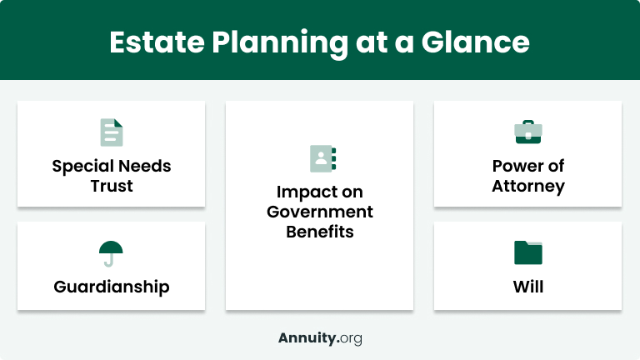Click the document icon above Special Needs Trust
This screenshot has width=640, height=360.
click(111, 132)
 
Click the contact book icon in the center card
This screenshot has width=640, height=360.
click(320, 158)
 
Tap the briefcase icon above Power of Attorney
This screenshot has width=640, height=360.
click(527, 132)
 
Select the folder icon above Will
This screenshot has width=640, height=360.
click(527, 252)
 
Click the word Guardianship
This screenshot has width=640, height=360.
click(111, 287)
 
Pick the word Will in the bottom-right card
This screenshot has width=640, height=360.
click(527, 287)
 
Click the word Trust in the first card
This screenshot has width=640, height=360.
click(111, 186)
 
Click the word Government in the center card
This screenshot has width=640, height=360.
click(320, 212)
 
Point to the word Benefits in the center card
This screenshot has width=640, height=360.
click(320, 232)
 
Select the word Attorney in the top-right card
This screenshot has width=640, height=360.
click(527, 186)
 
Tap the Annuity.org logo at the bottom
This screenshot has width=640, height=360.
click(320, 338)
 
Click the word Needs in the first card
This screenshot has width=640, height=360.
click(142, 166)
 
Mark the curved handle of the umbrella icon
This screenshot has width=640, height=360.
click(108, 263)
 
